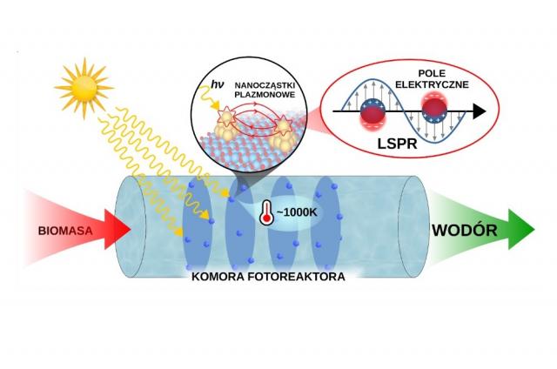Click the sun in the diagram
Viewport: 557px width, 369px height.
[x=84, y=88]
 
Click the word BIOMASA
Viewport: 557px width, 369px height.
[x=65, y=231]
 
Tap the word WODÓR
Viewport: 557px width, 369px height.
[x=465, y=231]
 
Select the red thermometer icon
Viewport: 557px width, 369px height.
[x=266, y=212]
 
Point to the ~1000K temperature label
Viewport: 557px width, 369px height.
[x=296, y=212]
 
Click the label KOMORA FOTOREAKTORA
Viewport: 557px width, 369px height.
[x=268, y=277]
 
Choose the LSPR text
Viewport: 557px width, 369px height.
[x=397, y=144]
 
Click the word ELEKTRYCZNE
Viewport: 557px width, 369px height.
[x=432, y=84]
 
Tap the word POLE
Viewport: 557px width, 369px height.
[x=432, y=73]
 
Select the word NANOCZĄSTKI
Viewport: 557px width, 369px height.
[x=265, y=86]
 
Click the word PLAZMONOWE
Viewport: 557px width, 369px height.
[x=265, y=95]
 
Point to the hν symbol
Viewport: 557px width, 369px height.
[x=217, y=84]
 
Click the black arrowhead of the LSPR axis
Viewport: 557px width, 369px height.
[x=480, y=111]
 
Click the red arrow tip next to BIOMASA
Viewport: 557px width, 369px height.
[x=131, y=230]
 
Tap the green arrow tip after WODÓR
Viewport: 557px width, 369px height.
[x=534, y=230]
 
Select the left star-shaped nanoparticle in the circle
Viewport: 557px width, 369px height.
[x=227, y=114]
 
